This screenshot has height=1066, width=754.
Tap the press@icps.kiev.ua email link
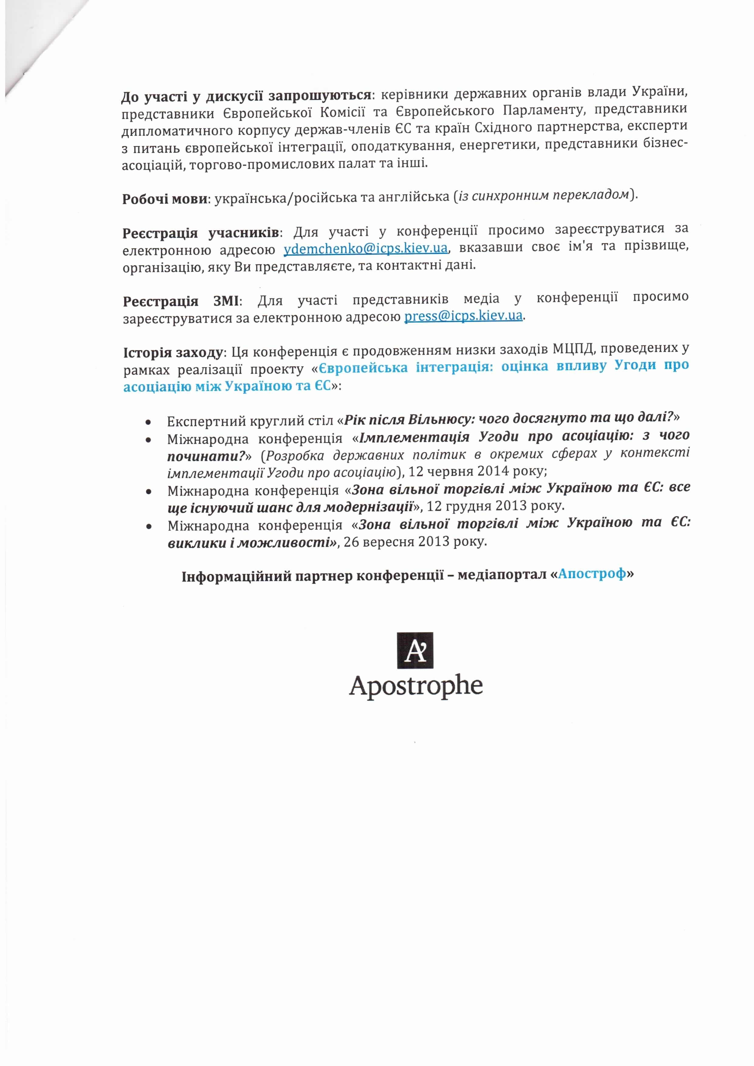point(464,316)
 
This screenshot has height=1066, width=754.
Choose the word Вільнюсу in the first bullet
point(438,419)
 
